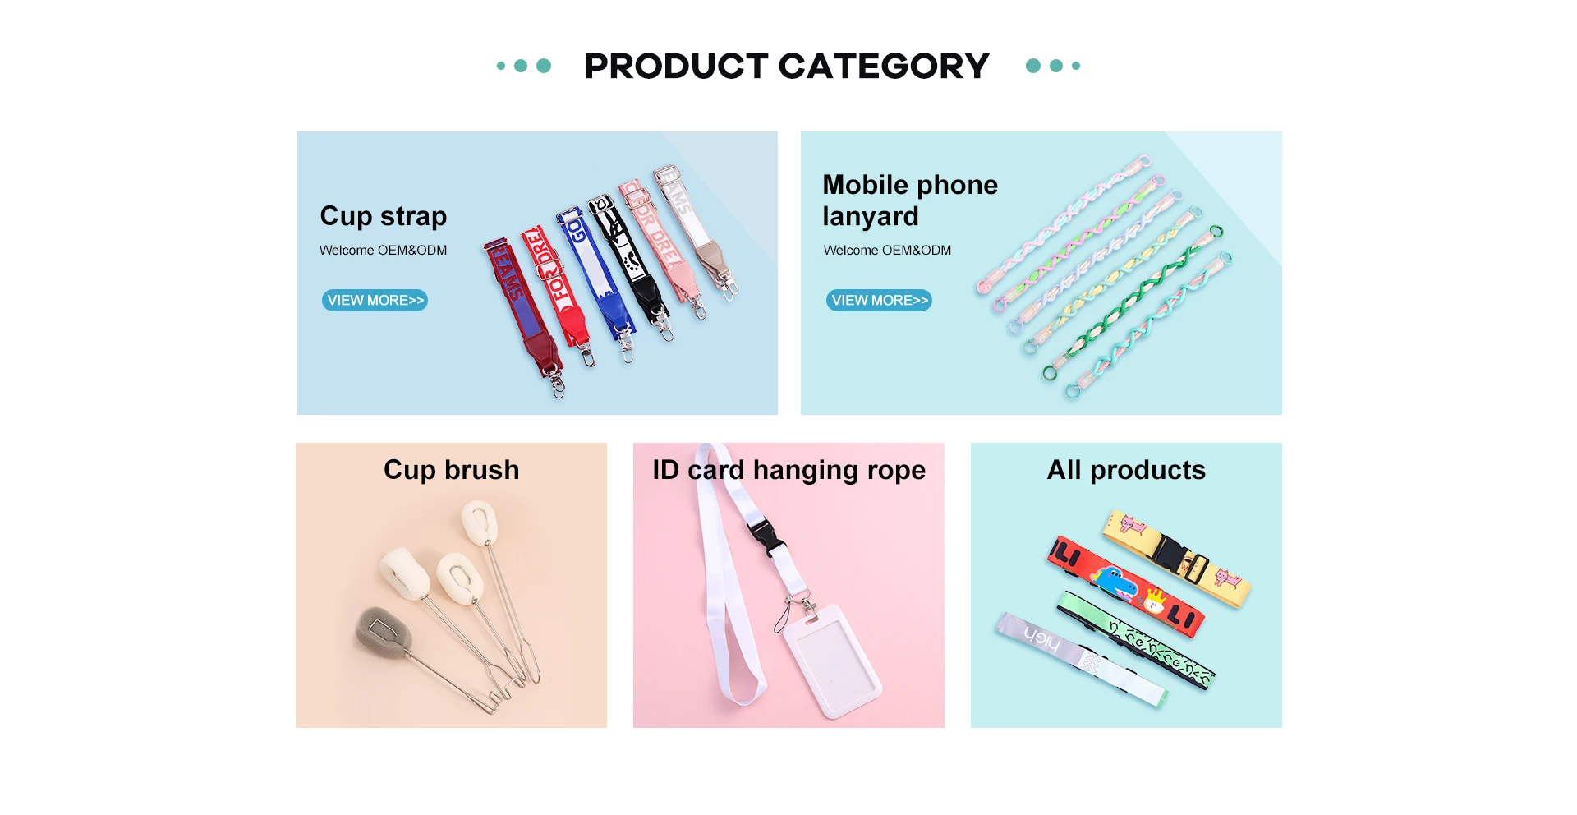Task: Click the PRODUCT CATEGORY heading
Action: pos(787,66)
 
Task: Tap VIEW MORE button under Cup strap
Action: pos(375,300)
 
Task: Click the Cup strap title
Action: pos(384,216)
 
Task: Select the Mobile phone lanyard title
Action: pos(910,200)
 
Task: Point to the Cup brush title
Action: pos(452,469)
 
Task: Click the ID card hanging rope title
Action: pos(788,470)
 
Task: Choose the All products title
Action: pos(1126,469)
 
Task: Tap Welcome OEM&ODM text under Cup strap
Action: pos(383,250)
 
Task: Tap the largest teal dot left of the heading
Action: pos(544,66)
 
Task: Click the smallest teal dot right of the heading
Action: pos(1076,66)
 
